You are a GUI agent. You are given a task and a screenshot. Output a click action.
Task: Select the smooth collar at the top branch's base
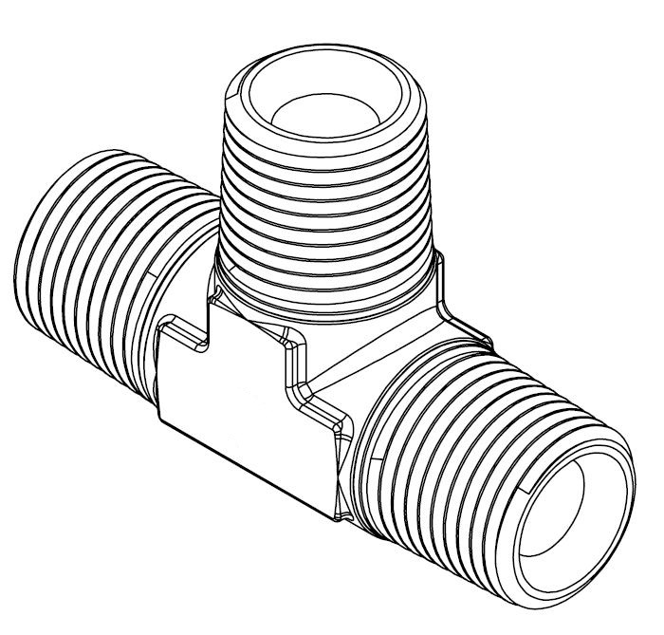point(327,289)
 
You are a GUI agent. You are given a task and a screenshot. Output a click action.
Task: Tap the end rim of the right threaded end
point(621,475)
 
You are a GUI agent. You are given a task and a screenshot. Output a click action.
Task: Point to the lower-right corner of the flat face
point(337,517)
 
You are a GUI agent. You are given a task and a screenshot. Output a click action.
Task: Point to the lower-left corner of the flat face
point(161,418)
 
